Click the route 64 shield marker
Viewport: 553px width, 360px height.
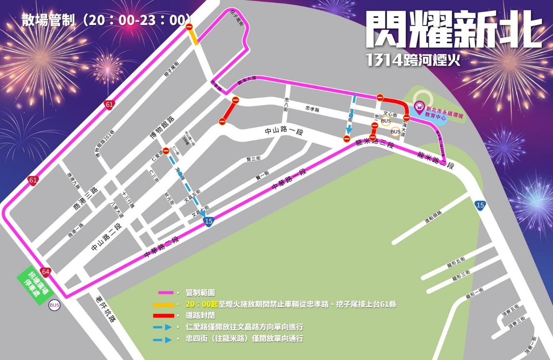(x=46, y=272)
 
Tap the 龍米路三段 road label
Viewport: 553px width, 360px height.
(x=374, y=144)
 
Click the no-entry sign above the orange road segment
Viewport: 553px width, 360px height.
(x=189, y=27)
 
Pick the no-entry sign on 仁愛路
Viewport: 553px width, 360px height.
(x=166, y=151)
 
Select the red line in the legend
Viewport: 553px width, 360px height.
(x=166, y=316)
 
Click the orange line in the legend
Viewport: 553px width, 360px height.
(x=166, y=304)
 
